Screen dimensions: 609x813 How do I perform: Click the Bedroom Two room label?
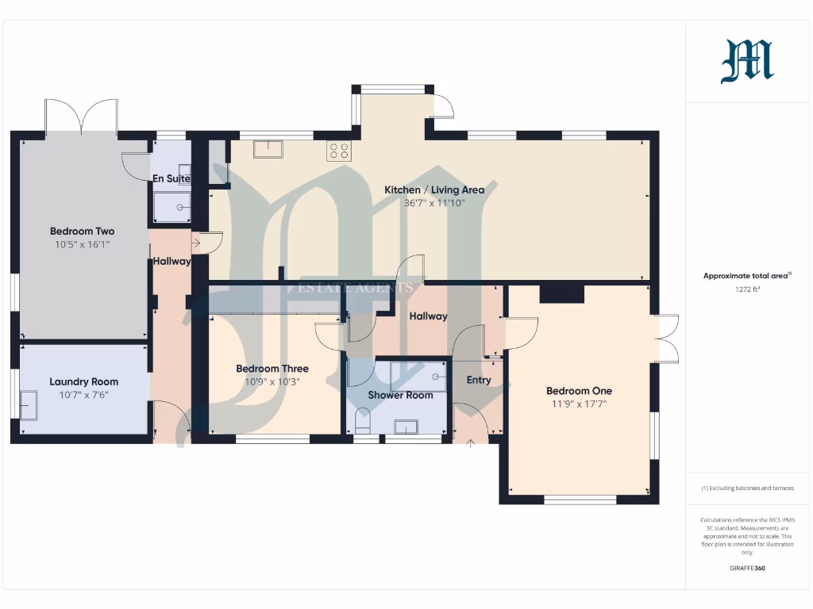82,232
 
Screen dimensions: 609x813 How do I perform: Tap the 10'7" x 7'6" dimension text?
83,395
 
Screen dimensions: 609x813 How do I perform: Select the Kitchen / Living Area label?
434,190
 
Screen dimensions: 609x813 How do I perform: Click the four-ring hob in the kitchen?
339,151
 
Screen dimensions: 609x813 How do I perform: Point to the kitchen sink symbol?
268,149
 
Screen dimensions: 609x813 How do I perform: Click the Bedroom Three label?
272,369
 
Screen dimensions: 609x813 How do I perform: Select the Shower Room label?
400,395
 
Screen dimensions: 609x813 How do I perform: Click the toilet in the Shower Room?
364,421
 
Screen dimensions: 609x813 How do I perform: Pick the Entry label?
479,380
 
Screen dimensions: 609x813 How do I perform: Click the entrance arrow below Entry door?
470,442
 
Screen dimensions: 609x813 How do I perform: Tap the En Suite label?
172,179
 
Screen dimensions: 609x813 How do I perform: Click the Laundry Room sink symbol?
29,405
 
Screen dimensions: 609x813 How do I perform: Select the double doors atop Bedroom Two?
82,116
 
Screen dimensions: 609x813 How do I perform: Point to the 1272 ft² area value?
747,289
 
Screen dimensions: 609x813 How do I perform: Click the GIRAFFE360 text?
747,569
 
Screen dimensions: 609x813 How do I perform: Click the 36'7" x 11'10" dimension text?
434,203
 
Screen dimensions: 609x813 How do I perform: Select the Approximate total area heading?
746,276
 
